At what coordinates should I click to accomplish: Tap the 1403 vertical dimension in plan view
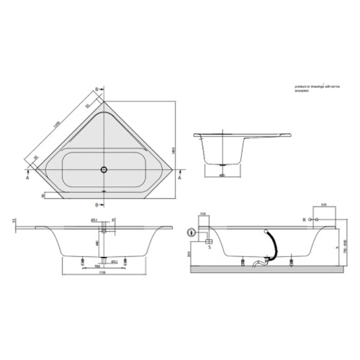pos(176,144)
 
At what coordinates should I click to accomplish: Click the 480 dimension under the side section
pos(221,174)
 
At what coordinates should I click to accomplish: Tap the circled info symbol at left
pos(190,232)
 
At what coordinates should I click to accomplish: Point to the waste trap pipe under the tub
pos(258,264)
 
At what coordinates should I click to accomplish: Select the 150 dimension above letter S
pos(204,214)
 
